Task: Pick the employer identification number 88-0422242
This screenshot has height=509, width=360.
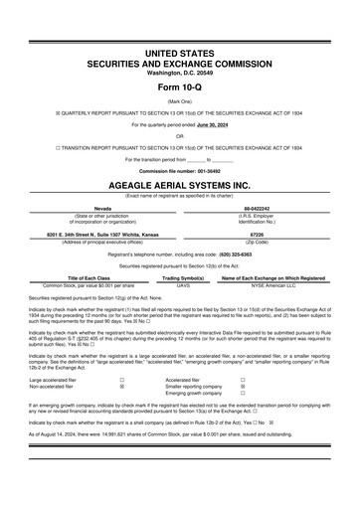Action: click(257, 208)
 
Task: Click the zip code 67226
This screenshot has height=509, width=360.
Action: click(256, 235)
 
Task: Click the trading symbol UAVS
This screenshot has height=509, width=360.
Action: click(182, 285)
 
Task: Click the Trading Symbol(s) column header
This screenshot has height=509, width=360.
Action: click(182, 277)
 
